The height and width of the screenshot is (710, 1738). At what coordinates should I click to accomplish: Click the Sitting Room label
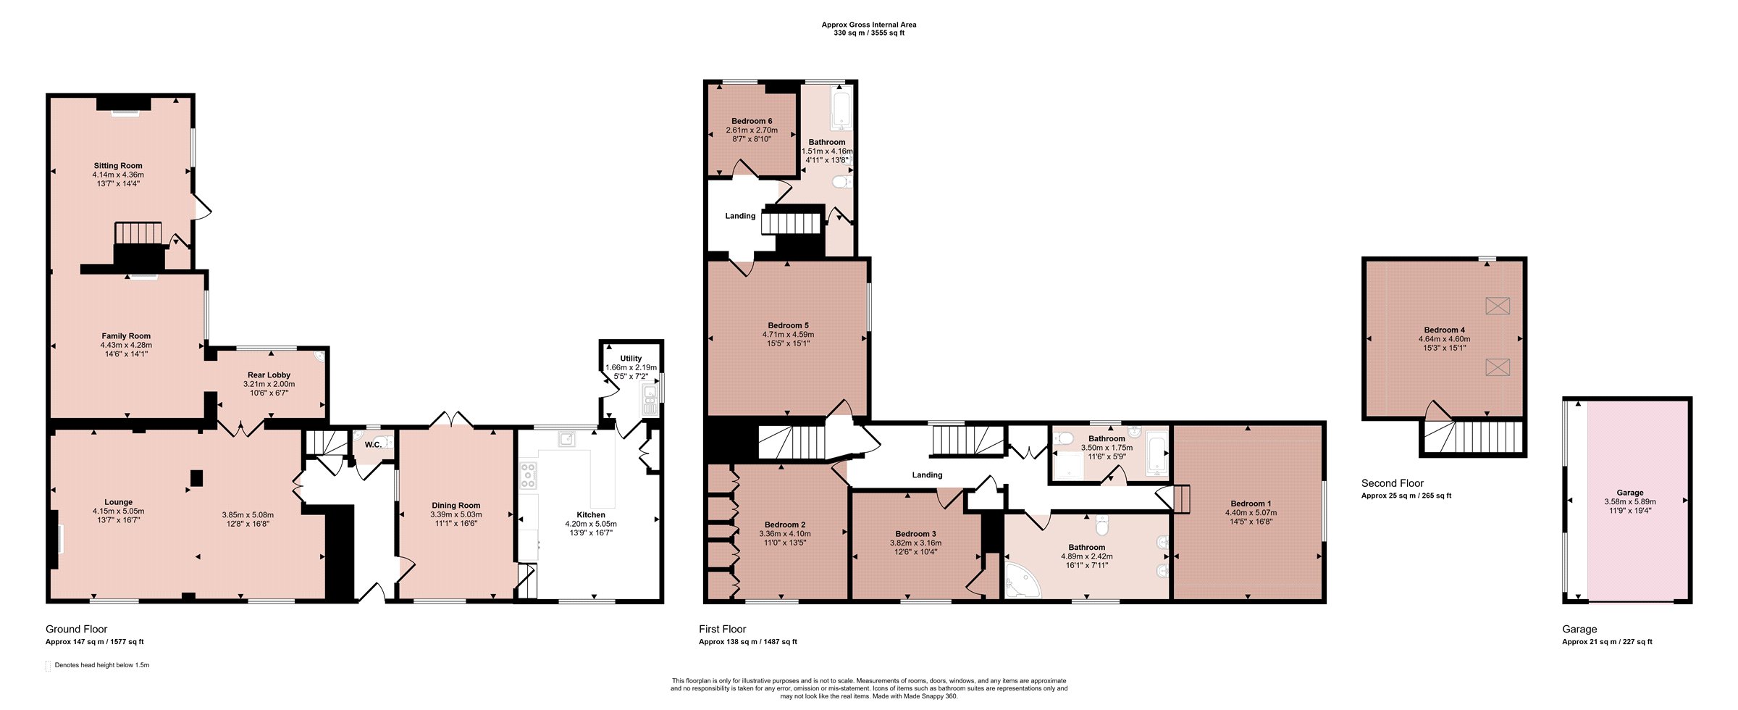point(118,166)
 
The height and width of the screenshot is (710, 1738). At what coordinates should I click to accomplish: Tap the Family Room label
point(126,336)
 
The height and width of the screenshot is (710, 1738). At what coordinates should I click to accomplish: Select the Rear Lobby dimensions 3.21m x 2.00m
point(269,384)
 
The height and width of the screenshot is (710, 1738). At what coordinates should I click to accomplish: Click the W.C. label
point(373,445)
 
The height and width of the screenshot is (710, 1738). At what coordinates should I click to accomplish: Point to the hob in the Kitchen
point(528,475)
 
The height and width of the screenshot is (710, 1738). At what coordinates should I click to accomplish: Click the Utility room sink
point(650,400)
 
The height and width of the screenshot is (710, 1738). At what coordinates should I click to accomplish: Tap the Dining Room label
point(456,506)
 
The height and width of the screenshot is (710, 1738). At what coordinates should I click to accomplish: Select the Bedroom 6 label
point(752,121)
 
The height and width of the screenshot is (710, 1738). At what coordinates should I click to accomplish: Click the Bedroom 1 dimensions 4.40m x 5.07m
point(1251,513)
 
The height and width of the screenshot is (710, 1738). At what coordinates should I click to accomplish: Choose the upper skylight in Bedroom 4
point(1498,306)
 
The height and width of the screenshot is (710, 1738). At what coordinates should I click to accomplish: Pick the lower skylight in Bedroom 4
point(1498,367)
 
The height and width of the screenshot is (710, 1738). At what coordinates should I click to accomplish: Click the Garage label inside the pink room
point(1630,493)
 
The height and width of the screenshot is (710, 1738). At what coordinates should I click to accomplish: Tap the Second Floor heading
point(1393,483)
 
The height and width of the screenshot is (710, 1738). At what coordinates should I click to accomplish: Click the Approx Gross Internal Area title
point(869,25)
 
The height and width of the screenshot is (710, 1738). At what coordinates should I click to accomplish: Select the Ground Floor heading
point(76,629)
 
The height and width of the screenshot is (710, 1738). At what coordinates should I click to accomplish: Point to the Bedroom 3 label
point(915,534)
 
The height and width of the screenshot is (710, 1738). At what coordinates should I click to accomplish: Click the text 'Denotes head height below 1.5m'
point(102,665)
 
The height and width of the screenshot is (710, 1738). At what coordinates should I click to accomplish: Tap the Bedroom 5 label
point(788,326)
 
